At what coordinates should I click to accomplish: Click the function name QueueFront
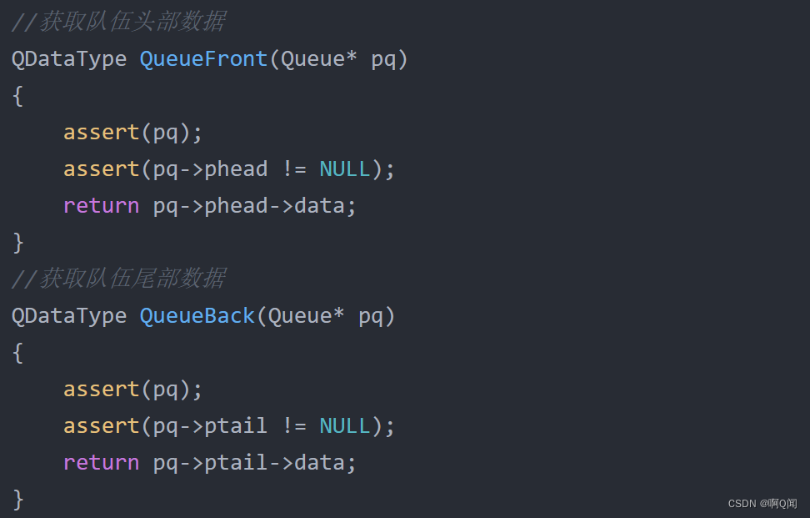[x=203, y=59]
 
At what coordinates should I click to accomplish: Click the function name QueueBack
[x=197, y=316]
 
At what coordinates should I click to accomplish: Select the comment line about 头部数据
[x=118, y=22]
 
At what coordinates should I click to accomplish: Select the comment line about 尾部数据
[x=118, y=279]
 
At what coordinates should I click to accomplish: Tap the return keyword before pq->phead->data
[x=101, y=205]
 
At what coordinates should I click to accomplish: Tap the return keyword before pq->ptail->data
[x=101, y=462]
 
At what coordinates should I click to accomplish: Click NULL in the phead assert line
[x=344, y=168]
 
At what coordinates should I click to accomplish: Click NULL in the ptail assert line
[x=344, y=425]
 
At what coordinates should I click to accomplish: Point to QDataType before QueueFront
[x=69, y=59]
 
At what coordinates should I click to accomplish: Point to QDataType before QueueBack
[x=69, y=316]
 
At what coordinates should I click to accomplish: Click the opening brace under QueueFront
[x=17, y=96]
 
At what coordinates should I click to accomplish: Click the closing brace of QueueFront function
[x=17, y=243]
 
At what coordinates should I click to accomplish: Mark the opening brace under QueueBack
[x=17, y=353]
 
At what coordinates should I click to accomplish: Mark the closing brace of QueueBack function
[x=17, y=500]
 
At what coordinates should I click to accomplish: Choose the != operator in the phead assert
[x=293, y=168]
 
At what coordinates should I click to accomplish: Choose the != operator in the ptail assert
[x=293, y=425]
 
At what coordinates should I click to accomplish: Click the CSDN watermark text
[x=762, y=504]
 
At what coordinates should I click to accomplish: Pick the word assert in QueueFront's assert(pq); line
[x=101, y=132]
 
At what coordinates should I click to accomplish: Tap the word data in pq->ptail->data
[x=319, y=462]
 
